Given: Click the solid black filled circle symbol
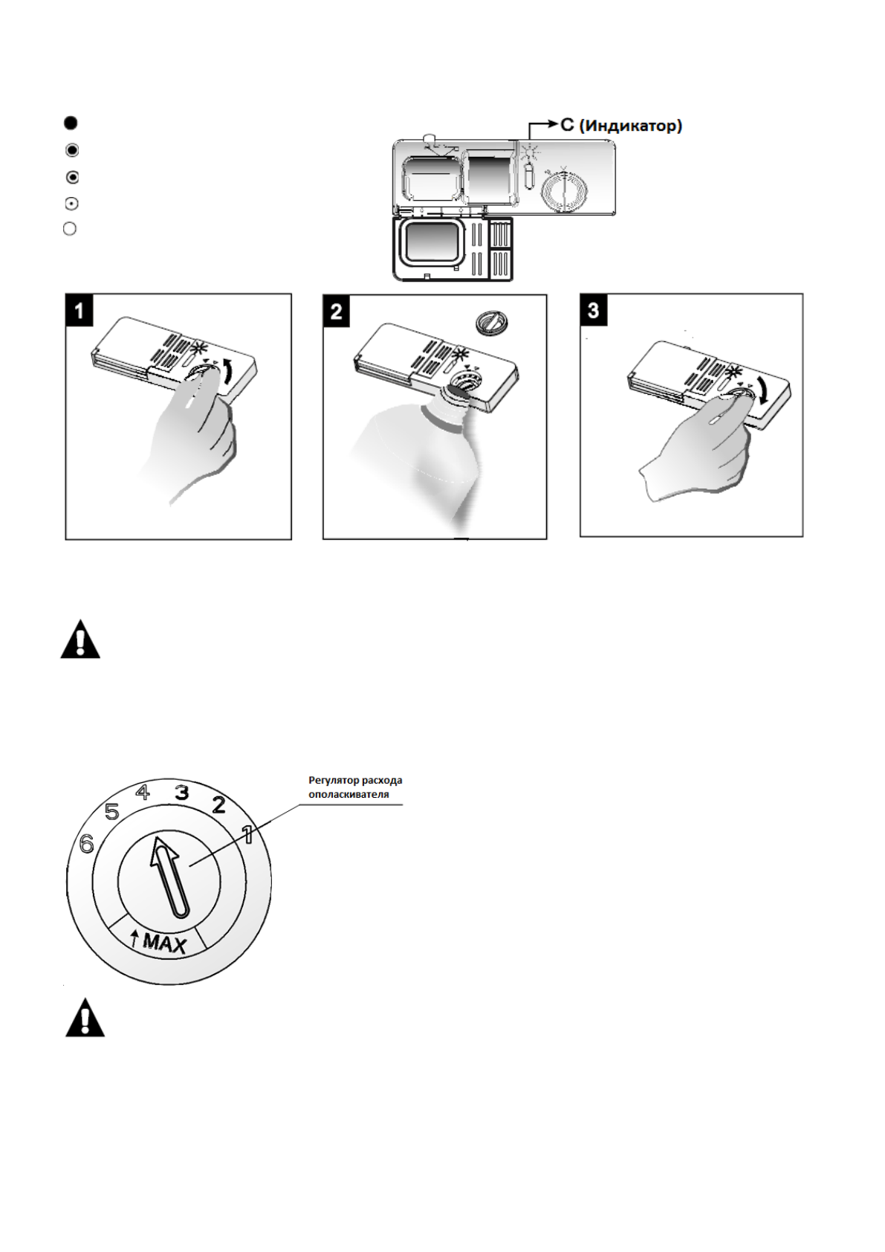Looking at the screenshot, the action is (71, 123).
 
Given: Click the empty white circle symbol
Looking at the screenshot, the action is (70, 229).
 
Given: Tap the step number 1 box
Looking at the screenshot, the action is (80, 310).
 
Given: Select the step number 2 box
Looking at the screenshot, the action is (337, 310).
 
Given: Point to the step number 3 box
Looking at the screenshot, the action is (593, 309).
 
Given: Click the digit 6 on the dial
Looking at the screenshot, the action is (87, 844).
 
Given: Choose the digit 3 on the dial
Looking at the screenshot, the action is (181, 793).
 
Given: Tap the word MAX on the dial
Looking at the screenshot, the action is (164, 943).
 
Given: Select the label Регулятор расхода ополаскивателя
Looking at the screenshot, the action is (355, 787).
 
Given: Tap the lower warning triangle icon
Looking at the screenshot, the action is (85, 1019).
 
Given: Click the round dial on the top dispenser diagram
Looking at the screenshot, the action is (564, 190).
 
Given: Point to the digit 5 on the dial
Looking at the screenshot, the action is (112, 812).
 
